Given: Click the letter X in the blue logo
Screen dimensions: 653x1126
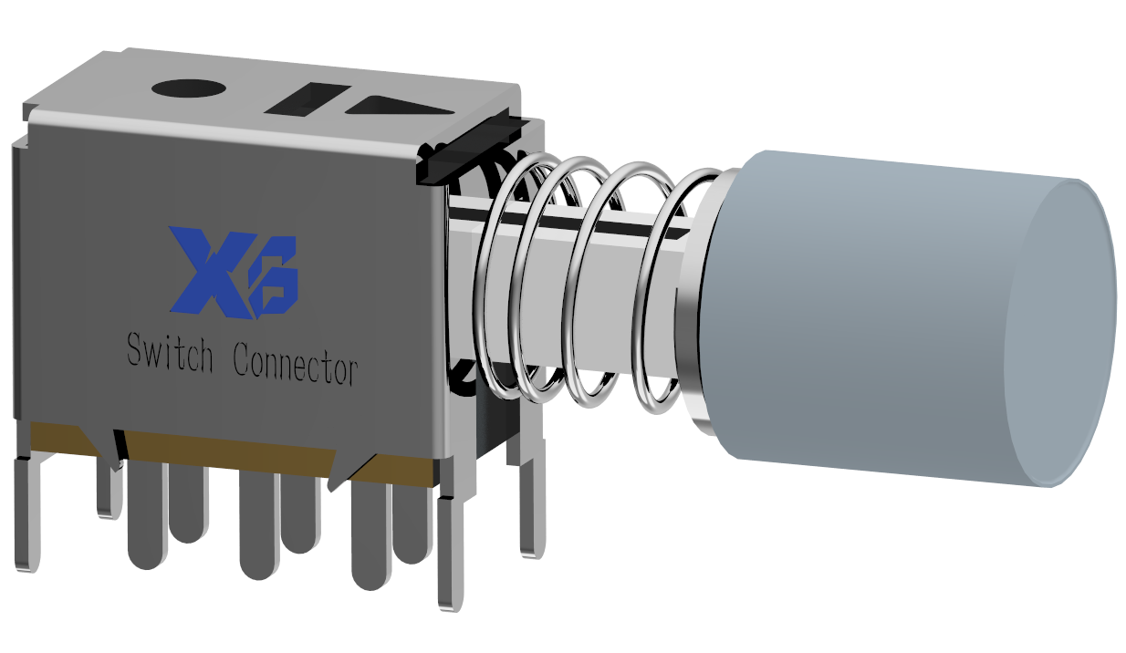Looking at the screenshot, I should [x=213, y=270].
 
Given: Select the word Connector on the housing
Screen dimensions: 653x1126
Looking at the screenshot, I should [x=295, y=363].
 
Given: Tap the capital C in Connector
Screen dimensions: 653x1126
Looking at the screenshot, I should [x=244, y=359].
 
